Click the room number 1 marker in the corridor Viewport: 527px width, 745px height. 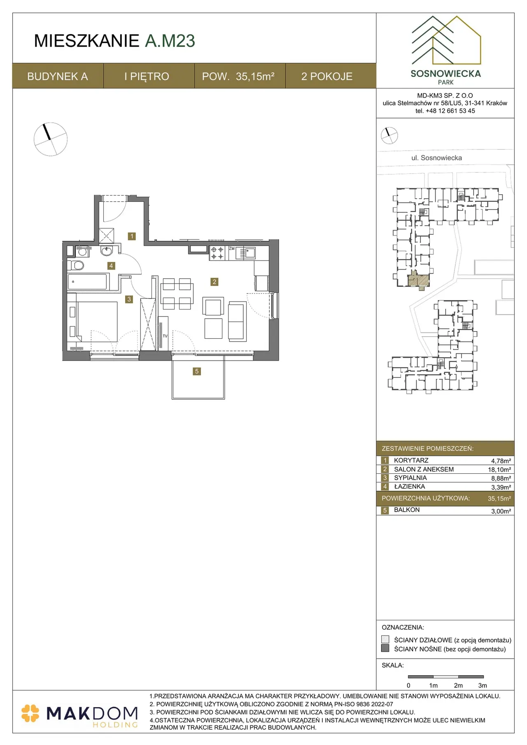(x=132, y=236)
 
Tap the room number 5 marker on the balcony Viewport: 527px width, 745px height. (x=197, y=371)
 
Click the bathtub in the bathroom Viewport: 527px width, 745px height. (x=87, y=282)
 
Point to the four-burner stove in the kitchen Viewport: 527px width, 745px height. (x=217, y=253)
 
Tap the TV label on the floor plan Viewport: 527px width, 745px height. (x=165, y=336)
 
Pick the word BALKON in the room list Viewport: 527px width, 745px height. (x=407, y=510)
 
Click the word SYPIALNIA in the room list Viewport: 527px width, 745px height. (x=410, y=478)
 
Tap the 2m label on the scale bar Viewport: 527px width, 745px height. (x=458, y=685)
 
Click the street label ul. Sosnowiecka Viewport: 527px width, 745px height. (x=436, y=158)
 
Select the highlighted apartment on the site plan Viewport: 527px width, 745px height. (x=419, y=280)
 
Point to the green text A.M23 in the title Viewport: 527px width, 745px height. (x=170, y=41)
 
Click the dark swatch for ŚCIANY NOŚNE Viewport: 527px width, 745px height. (x=385, y=648)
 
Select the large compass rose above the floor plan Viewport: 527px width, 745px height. (x=51, y=139)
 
